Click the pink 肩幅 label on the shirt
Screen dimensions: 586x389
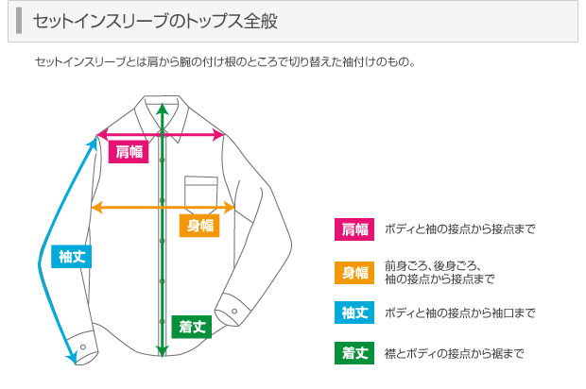(129, 152)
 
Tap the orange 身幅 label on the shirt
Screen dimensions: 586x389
(199, 226)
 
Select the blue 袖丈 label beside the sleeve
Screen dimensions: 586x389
(72, 257)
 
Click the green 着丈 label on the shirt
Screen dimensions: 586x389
(191, 327)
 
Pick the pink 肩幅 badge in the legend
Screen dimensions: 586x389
(354, 229)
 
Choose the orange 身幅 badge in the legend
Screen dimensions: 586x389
(354, 273)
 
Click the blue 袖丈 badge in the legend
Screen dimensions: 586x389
(354, 313)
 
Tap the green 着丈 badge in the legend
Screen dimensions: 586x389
(354, 353)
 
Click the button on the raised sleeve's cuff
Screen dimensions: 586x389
(234, 311)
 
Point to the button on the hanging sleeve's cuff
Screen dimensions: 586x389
(83, 347)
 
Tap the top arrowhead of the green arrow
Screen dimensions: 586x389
(163, 109)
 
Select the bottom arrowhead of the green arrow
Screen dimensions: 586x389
(163, 351)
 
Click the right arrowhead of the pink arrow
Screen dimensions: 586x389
(218, 134)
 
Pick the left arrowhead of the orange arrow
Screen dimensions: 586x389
(96, 207)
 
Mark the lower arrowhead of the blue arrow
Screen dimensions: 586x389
(72, 358)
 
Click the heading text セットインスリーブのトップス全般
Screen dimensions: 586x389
(155, 22)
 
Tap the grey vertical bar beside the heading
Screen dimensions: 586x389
(19, 21)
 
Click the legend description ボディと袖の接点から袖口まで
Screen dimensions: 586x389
(459, 313)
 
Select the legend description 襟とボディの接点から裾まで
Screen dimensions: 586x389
(454, 353)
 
